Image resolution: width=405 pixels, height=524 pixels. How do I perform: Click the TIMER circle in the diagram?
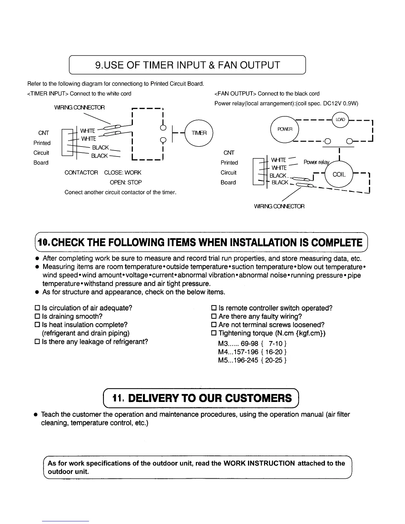click(199, 132)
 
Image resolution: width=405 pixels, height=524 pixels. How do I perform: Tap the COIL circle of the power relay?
click(339, 175)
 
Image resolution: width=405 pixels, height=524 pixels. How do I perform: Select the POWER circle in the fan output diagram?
click(285, 129)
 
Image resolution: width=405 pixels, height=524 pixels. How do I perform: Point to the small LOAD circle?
click(340, 119)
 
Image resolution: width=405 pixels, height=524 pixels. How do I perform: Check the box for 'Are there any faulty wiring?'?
click(213, 317)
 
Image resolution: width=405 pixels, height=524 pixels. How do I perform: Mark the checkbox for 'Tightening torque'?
click(213, 333)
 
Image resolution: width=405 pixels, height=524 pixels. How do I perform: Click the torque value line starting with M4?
click(252, 352)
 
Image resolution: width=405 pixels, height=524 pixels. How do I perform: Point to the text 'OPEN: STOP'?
click(126, 182)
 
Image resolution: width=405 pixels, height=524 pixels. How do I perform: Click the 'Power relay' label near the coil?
click(316, 162)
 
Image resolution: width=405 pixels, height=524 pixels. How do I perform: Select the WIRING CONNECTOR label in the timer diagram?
click(79, 108)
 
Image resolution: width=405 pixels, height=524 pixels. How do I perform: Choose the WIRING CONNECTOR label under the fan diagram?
click(279, 206)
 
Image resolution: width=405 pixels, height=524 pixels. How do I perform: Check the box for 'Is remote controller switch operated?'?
click(213, 308)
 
